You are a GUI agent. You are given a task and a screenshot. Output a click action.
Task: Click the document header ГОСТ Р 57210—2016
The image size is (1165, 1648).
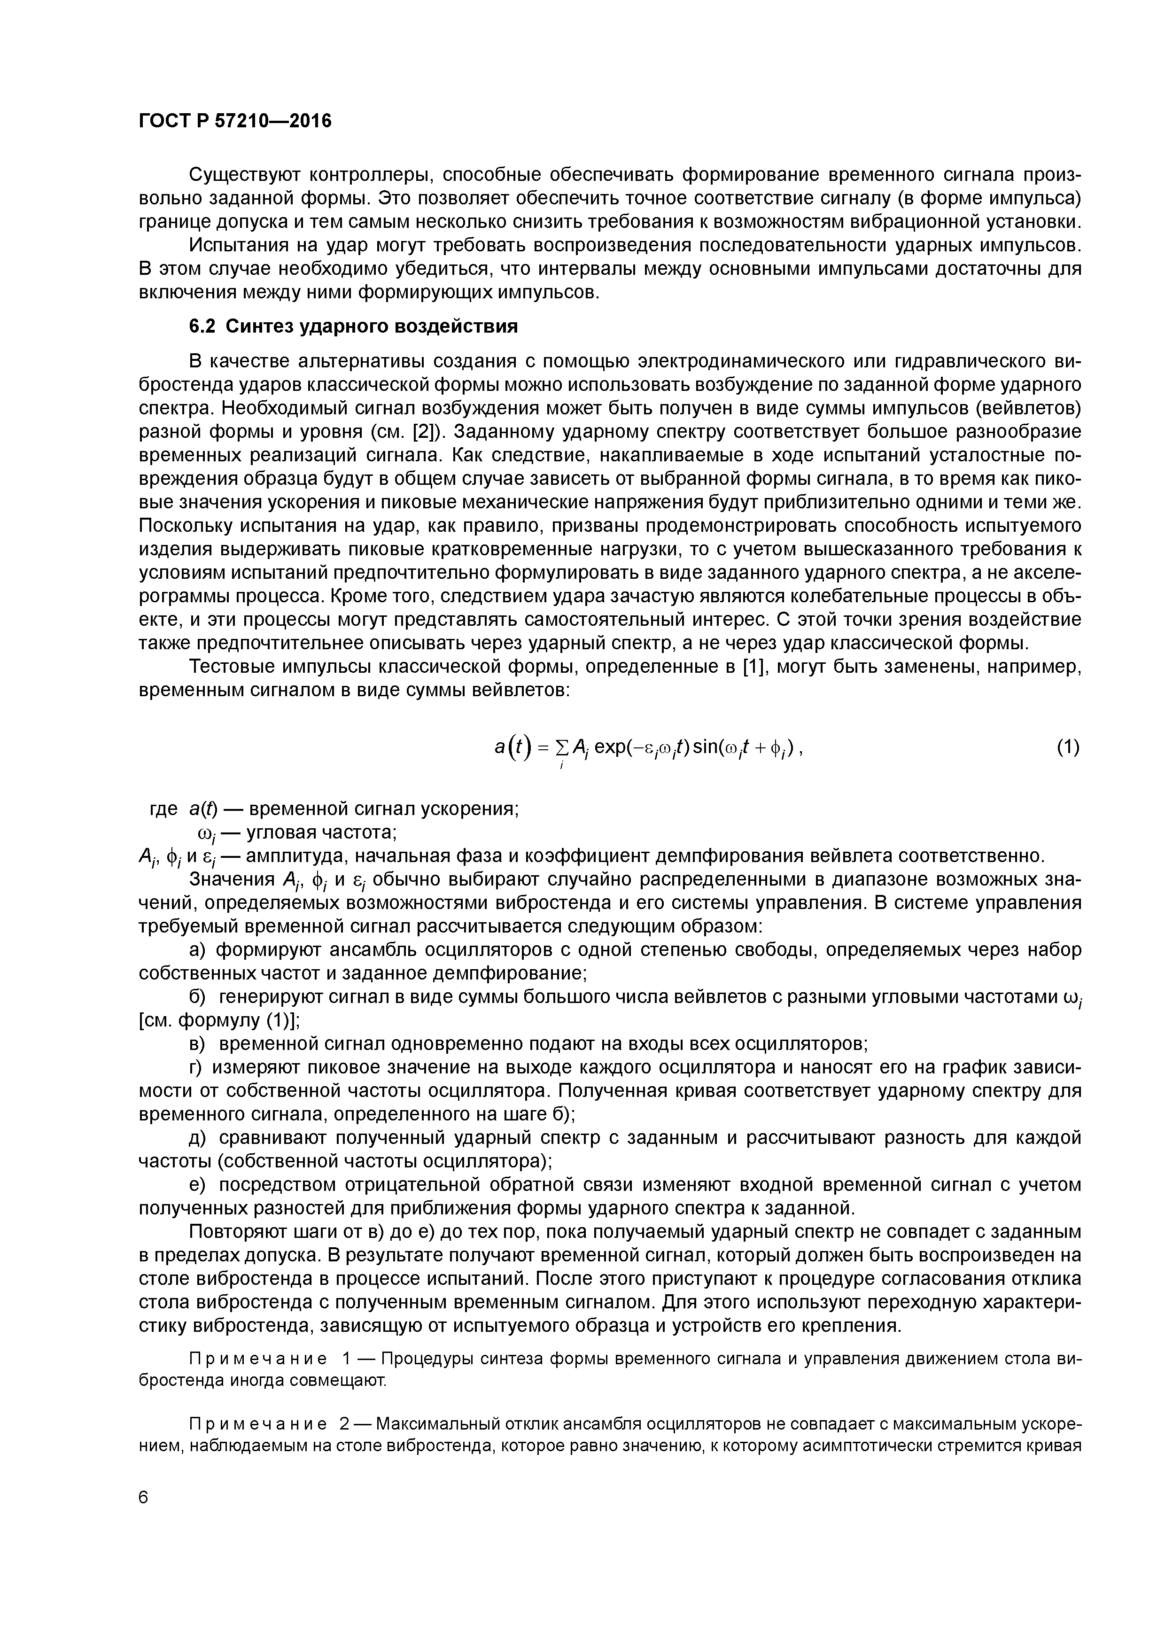[x=235, y=121]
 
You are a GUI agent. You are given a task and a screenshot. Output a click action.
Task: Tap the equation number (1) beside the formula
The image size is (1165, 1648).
[x=1067, y=748]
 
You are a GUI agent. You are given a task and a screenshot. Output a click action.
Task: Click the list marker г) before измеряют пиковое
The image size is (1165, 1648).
[x=197, y=1067]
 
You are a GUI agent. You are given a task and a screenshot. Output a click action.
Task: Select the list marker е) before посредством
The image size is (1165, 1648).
[x=197, y=1184]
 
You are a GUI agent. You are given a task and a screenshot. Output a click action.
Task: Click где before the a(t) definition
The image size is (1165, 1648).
[x=163, y=809]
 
